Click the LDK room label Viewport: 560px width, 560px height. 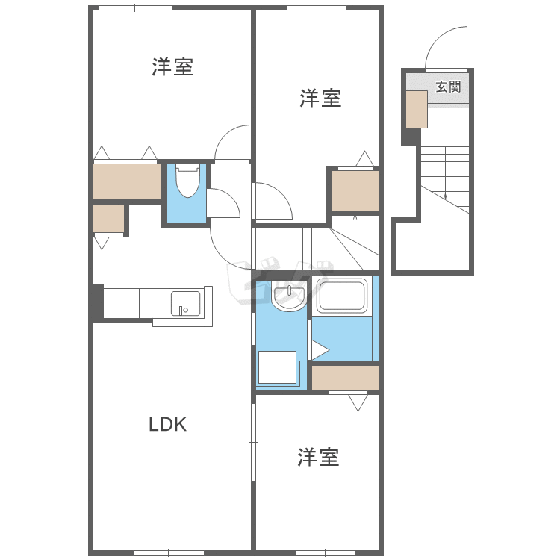point(167,424)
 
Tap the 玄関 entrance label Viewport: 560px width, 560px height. point(448,87)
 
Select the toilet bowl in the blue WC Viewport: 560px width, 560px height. point(187,181)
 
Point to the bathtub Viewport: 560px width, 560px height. point(342,296)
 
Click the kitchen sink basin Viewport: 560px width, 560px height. point(185,304)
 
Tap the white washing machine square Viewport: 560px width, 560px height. point(277,367)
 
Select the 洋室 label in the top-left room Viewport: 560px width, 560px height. point(173,66)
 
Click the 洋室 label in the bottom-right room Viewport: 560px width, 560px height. point(318,457)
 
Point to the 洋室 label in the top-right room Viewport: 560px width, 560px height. point(320,99)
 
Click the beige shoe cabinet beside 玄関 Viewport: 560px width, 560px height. point(417,109)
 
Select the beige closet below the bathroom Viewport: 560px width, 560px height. point(345,378)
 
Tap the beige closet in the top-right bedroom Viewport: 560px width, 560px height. point(355,191)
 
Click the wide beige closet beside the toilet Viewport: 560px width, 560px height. point(127,181)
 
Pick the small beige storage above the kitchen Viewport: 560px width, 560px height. point(108,218)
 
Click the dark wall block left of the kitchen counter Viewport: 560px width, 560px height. point(96,302)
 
